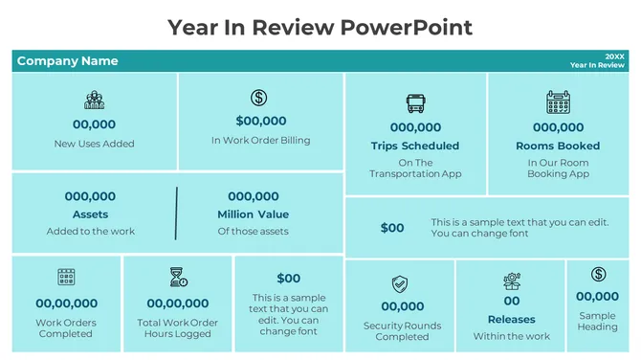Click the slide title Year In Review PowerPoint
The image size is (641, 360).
[x=320, y=26]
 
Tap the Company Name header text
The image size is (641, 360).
[x=67, y=61]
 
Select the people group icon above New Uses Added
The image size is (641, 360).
[x=94, y=100]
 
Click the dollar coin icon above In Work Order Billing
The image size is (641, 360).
[x=259, y=98]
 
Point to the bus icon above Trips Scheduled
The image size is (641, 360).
[x=415, y=103]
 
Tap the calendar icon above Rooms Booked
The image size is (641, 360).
[x=558, y=102]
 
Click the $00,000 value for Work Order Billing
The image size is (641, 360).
[x=260, y=121]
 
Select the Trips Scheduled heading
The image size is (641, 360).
[x=415, y=146]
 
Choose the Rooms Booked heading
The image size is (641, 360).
[x=558, y=146]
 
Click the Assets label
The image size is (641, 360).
[x=91, y=214]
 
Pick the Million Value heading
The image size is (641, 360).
[x=253, y=214]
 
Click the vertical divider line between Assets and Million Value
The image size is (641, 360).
[x=176, y=214]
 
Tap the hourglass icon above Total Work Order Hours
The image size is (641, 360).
[x=178, y=278]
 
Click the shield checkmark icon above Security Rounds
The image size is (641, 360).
[x=400, y=284]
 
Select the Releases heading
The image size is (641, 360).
[x=512, y=320]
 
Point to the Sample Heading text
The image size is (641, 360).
[x=598, y=321]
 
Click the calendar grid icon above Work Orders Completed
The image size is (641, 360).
[x=66, y=278]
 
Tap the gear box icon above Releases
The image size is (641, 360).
[x=512, y=281]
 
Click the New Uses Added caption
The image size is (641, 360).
[x=94, y=144]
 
